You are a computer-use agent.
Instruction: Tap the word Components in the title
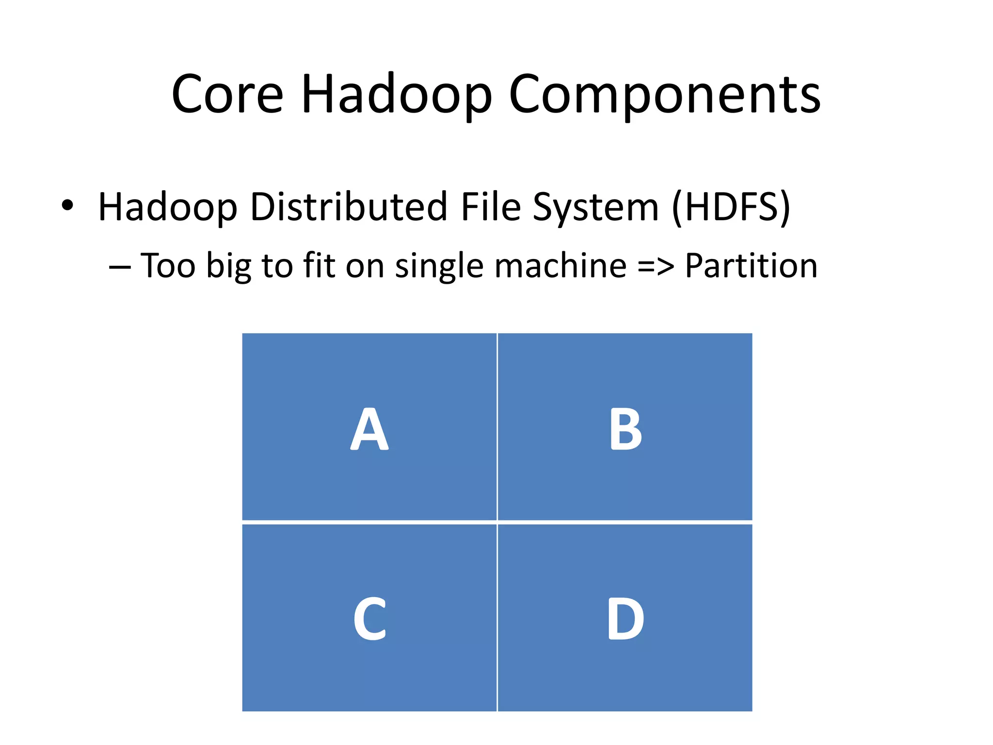[665, 94]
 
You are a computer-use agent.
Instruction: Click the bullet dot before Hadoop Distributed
[67, 206]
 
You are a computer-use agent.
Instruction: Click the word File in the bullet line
[490, 207]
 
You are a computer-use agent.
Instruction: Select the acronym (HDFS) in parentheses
[731, 208]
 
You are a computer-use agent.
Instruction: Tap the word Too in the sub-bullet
[168, 266]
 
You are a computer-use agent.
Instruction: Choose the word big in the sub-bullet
[228, 267]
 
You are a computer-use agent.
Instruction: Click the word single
[439, 267]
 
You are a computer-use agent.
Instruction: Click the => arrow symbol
[655, 267]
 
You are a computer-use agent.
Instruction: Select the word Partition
[751, 266]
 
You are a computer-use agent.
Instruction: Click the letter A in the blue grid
[369, 429]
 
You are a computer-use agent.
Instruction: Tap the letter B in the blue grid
[625, 429]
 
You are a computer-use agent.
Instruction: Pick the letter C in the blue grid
[369, 618]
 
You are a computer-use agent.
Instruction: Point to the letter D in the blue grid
[625, 618]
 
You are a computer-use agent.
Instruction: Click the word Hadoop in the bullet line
[168, 208]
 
